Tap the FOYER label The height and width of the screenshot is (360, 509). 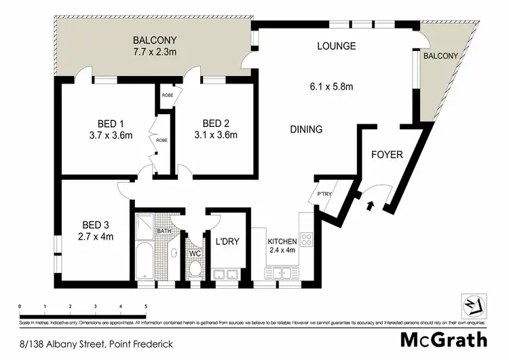pos(387,155)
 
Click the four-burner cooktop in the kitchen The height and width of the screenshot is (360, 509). pos(306,239)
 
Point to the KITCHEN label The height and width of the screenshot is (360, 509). pos(282,242)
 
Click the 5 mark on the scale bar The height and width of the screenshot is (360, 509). pos(146,307)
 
